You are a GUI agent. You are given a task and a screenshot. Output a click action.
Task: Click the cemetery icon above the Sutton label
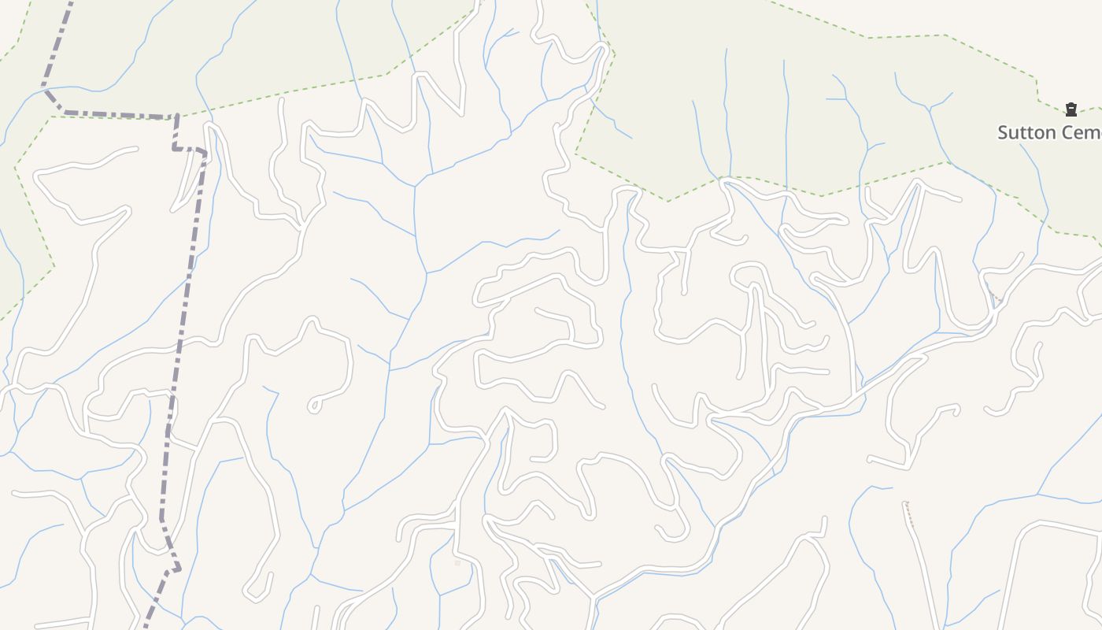pyautogui.click(x=1071, y=109)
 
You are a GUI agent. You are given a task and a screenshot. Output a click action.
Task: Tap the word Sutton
pyautogui.click(x=1024, y=132)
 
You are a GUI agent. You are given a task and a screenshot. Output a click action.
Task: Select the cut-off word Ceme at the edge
pyautogui.click(x=1078, y=132)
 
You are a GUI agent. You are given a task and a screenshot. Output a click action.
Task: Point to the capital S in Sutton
pyautogui.click(x=1003, y=132)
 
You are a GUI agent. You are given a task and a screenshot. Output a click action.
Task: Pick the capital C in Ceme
pyautogui.click(x=1063, y=132)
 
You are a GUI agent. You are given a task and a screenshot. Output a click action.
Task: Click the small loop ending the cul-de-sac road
pyautogui.click(x=313, y=406)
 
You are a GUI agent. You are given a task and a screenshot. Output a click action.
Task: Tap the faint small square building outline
pyautogui.click(x=457, y=563)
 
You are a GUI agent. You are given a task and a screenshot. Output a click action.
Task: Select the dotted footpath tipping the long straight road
pyautogui.click(x=909, y=513)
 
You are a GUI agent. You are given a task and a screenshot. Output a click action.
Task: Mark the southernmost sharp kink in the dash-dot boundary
pyautogui.click(x=178, y=569)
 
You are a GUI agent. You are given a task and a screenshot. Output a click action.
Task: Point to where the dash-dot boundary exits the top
pyautogui.click(x=71, y=2)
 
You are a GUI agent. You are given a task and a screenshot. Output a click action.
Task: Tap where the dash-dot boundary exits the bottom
pyautogui.click(x=146, y=627)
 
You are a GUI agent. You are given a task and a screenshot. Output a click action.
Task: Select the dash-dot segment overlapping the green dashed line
pyautogui.click(x=118, y=115)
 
